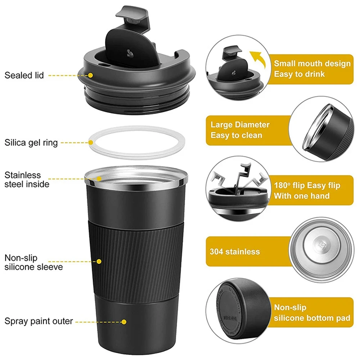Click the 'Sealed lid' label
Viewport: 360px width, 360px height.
24,75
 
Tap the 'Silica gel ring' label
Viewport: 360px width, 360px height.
31,143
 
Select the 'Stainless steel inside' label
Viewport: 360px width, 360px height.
27,180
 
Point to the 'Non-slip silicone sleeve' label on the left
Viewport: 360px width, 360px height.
33,262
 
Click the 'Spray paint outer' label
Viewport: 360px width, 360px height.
39,321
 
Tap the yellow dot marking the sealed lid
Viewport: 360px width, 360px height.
90,75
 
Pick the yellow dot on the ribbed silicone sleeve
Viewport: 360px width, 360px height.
99,261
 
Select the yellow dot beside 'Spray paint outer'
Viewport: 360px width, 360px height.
123,321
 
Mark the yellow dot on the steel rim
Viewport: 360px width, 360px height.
99,178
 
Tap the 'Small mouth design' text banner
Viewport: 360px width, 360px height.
312,69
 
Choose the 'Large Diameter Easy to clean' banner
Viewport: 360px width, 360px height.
240,130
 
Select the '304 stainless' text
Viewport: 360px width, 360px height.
235,251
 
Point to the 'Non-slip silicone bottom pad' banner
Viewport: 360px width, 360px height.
312,312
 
